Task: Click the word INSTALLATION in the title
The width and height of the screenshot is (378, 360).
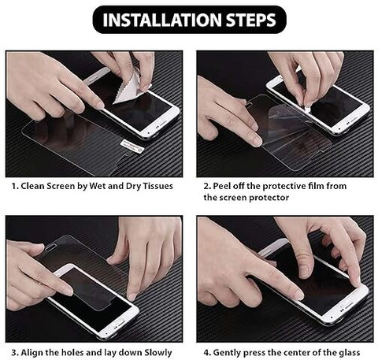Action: (x=162, y=20)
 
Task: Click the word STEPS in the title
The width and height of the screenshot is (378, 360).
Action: (x=251, y=20)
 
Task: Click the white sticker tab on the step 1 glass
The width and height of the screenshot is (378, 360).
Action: (x=131, y=146)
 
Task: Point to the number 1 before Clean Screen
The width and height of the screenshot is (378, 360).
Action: (x=14, y=186)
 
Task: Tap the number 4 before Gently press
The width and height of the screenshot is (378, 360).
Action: (x=207, y=352)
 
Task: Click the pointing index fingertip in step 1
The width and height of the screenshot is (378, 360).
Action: (x=100, y=106)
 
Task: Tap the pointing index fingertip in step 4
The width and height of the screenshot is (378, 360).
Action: (x=298, y=295)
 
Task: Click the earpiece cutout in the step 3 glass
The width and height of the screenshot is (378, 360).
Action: (x=52, y=247)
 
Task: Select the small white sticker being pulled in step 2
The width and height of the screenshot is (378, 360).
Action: (x=306, y=108)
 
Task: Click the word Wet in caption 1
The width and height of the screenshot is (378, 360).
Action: (x=98, y=186)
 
